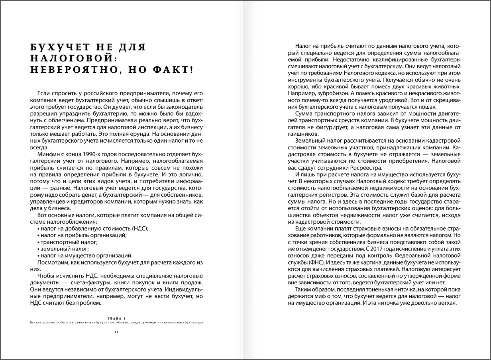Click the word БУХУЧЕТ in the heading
point(60,47)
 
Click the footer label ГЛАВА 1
point(116,318)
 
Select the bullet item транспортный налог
point(68,242)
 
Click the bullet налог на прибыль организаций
point(83,235)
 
